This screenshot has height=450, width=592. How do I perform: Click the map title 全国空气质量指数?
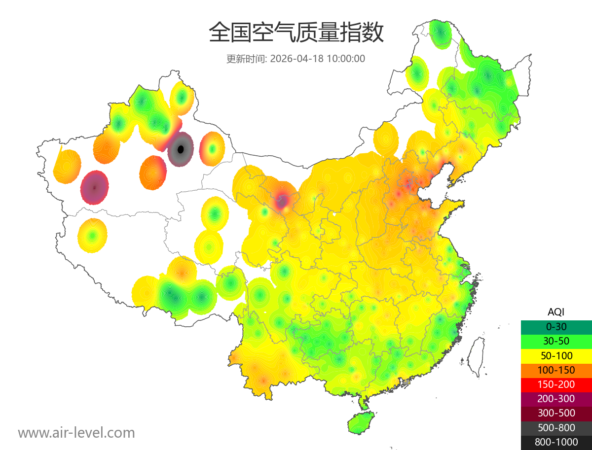click(296, 33)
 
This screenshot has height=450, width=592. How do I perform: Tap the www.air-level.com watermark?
click(76, 433)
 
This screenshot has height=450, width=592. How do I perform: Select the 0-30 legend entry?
click(556, 327)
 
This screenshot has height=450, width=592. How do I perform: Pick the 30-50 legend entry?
click(556, 341)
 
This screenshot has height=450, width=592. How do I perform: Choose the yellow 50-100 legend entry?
click(556, 355)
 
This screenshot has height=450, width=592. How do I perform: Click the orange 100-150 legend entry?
click(556, 370)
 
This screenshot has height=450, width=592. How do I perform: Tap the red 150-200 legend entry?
click(556, 384)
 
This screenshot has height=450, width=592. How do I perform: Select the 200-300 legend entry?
click(556, 399)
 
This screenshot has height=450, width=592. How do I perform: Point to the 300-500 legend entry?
click(556, 413)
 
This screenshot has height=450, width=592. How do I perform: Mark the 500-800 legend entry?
click(556, 428)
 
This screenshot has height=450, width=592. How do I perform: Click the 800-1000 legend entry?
click(556, 442)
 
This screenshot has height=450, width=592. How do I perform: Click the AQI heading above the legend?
click(556, 312)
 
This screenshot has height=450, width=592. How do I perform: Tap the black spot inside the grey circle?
click(181, 149)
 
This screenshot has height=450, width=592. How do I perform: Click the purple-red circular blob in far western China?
click(95, 187)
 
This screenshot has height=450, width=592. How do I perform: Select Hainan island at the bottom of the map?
click(361, 423)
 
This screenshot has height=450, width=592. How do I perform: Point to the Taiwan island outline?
click(476, 356)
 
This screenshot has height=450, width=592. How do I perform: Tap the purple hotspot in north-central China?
click(283, 200)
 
